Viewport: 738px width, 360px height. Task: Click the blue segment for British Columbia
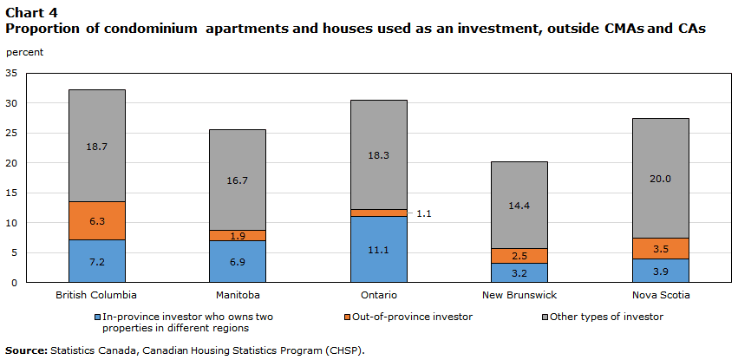(x=96, y=261)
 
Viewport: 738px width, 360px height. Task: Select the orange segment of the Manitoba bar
(x=237, y=235)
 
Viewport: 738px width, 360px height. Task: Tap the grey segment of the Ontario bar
(x=378, y=154)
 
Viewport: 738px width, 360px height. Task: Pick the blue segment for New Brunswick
(x=519, y=272)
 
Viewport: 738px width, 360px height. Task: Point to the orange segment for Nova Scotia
(x=660, y=248)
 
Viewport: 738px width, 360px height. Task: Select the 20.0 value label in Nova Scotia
(x=660, y=178)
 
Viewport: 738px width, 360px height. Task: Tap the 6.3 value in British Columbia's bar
(x=96, y=221)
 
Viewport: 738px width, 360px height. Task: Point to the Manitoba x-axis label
(x=237, y=295)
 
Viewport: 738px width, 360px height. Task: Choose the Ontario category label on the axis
(x=378, y=295)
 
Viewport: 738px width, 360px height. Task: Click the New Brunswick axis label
(x=519, y=295)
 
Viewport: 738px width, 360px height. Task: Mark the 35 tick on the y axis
(x=11, y=74)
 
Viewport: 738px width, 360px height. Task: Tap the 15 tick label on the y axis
(x=11, y=193)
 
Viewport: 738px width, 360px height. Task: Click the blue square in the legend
(x=96, y=317)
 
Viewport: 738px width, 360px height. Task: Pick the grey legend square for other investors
(x=545, y=317)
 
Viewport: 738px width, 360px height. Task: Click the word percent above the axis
(x=24, y=52)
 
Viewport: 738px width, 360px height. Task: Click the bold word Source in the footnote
(x=25, y=350)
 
